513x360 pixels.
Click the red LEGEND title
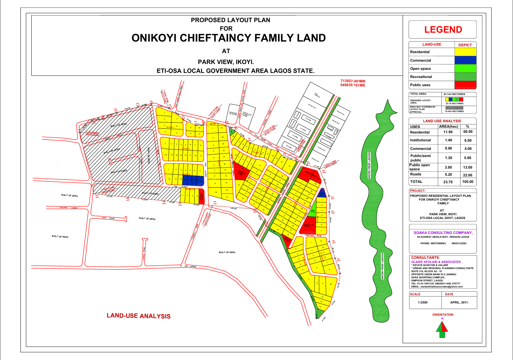[443, 30]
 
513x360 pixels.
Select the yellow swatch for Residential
[465, 52]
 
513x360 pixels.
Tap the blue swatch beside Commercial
[465, 60]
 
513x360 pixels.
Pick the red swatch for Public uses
[465, 85]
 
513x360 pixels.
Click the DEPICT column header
[465, 45]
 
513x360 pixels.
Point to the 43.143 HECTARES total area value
[454, 94]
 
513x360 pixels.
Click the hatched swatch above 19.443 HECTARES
[454, 108]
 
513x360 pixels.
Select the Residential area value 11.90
[448, 132]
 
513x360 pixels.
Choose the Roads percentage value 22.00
[468, 175]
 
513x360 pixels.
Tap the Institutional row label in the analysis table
[420, 140]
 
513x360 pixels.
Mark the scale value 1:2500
[423, 302]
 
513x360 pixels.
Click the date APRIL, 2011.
[459, 302]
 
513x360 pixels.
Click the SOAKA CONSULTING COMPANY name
[443, 233]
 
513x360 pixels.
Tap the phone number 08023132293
[459, 244]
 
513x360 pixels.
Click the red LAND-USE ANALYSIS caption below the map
[139, 316]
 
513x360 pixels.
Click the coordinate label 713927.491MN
[353, 81]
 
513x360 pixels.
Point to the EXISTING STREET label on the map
[69, 208]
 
